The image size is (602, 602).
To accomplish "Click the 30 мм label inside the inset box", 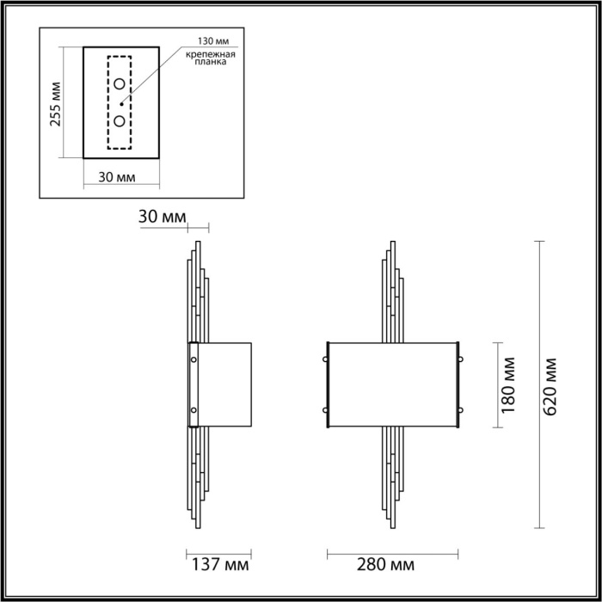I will [117, 178].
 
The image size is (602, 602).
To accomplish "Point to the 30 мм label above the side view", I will [161, 218].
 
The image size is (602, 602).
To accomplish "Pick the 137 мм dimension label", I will [219, 565].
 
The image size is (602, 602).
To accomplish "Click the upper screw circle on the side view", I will [193, 359].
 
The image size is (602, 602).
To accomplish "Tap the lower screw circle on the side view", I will [193, 409].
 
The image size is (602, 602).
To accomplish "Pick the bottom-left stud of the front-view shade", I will [327, 409].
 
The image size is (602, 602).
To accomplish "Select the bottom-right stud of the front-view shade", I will [461, 409].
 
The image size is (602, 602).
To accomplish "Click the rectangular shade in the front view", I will [394, 384].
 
